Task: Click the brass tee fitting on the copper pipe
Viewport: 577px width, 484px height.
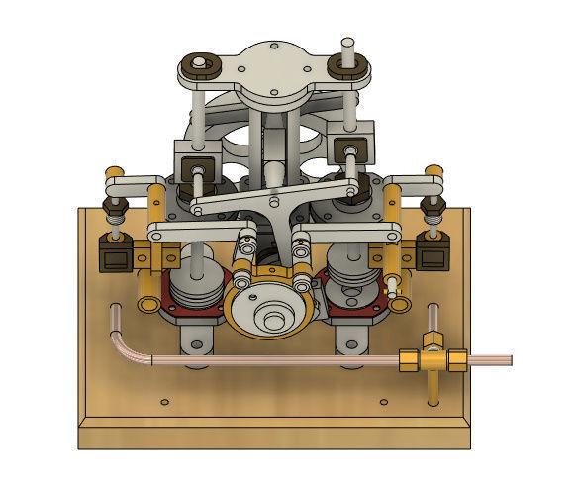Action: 433,358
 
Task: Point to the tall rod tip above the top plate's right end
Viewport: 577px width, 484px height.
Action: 348,44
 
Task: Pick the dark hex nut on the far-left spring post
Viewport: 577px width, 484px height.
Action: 114,208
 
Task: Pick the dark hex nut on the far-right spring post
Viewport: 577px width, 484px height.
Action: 433,207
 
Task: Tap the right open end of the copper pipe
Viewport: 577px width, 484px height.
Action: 509,360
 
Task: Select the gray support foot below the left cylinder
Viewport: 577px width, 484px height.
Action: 194,341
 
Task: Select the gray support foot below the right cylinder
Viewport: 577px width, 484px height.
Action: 351,341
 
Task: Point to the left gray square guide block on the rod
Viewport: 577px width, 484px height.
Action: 195,157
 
